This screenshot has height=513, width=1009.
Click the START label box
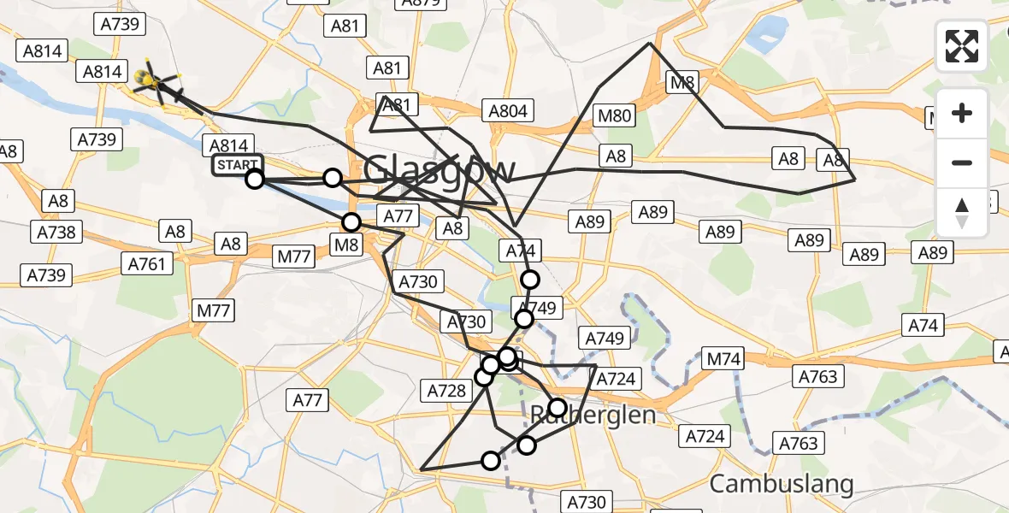(x=238, y=164)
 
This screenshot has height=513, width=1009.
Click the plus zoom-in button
(x=962, y=113)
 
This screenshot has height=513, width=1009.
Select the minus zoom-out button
(x=962, y=162)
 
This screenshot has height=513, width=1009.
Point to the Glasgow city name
(x=440, y=170)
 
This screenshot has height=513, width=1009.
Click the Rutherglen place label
(x=593, y=416)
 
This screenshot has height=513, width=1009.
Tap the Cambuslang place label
(x=782, y=484)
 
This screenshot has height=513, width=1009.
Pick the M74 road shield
(x=723, y=359)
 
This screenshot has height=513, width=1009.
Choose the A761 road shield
(x=146, y=264)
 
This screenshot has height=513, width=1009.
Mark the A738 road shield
(x=56, y=232)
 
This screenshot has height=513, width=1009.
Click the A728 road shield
(x=445, y=391)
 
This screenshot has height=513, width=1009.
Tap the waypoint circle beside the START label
(x=255, y=179)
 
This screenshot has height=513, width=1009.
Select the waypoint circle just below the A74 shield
(x=530, y=280)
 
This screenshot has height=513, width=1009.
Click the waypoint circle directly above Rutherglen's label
(x=558, y=407)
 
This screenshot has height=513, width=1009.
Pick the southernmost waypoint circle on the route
(x=491, y=461)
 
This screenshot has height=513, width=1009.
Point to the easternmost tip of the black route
(x=855, y=180)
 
